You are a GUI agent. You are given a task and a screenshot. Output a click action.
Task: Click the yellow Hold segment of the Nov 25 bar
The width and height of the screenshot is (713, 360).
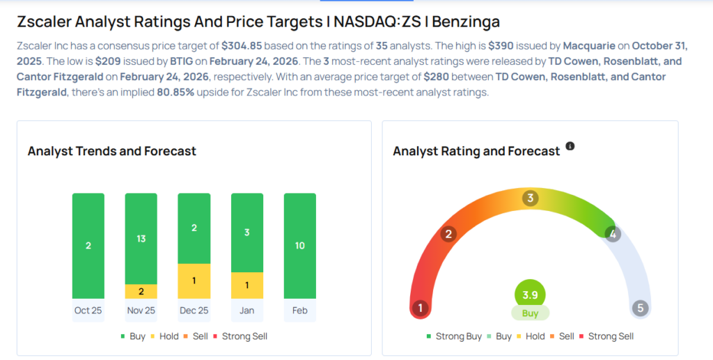coord(141,291)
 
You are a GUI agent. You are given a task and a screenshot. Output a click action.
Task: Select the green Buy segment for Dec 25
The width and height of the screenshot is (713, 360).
coord(194,228)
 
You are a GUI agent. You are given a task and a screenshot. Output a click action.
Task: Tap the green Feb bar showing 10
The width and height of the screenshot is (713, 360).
coord(299,246)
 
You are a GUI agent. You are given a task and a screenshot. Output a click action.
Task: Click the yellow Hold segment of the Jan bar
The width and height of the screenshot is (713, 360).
coord(246,285)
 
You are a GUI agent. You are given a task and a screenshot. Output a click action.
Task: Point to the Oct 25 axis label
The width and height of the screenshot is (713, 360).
coord(88,310)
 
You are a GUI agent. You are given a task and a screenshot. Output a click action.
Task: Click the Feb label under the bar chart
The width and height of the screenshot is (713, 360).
coord(299,310)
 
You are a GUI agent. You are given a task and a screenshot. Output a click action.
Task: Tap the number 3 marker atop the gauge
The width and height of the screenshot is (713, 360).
coord(530,198)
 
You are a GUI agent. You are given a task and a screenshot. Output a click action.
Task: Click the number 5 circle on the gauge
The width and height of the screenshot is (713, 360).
coord(640,308)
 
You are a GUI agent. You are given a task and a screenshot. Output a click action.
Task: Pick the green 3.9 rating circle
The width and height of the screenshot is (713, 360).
coord(530,295)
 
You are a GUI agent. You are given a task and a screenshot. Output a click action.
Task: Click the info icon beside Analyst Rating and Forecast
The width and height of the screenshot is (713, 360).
coord(570,146)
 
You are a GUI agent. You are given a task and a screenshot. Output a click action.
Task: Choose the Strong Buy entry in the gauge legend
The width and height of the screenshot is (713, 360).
coord(454,336)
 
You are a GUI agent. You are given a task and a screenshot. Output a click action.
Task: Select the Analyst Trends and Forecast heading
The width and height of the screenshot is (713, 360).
coord(112,151)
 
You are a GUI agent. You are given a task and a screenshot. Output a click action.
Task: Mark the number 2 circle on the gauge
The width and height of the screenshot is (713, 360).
coord(449,234)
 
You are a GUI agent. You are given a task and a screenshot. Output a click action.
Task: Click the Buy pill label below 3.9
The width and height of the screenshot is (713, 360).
coord(530,313)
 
